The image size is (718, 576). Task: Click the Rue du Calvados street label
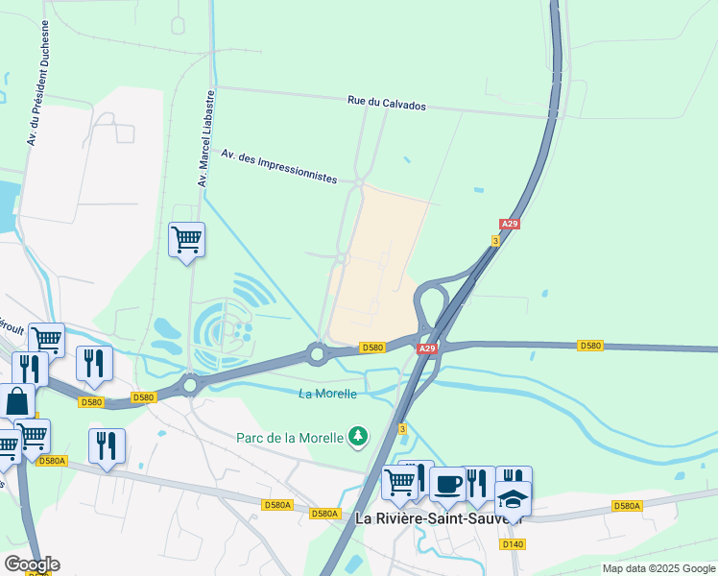tap(386, 104)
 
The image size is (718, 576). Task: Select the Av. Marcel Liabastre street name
tap(204, 139)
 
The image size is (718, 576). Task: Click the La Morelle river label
tap(327, 394)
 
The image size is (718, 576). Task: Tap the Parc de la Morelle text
tap(290, 438)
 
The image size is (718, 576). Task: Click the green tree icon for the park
tap(358, 437)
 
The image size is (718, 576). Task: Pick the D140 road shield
tap(514, 544)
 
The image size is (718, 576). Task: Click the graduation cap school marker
tap(513, 498)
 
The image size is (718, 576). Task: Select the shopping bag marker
tap(16, 400)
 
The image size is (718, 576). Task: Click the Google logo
tap(32, 564)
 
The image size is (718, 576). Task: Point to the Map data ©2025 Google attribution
tap(658, 568)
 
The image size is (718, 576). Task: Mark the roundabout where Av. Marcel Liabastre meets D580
tap(190, 385)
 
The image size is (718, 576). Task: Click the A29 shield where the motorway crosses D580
tap(428, 348)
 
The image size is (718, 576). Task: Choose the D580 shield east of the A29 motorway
tap(590, 346)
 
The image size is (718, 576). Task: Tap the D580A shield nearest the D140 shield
tap(626, 506)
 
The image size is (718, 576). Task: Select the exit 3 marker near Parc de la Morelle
tap(402, 428)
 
